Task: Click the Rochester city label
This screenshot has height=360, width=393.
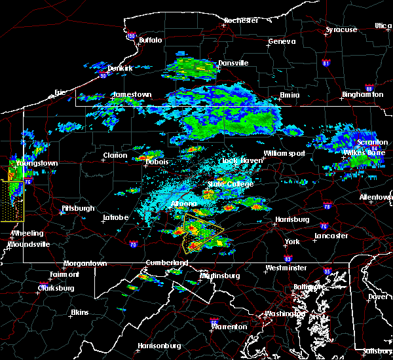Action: (240, 20)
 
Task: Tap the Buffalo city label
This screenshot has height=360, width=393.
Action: (150, 40)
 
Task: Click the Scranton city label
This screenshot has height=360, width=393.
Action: (373, 142)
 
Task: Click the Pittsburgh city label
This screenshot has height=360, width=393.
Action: (78, 208)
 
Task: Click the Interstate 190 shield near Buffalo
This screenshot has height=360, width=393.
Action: (131, 35)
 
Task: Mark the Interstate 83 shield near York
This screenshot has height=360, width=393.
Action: (290, 243)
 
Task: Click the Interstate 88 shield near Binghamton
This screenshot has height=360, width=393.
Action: (369, 88)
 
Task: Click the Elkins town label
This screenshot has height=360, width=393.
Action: (81, 312)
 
